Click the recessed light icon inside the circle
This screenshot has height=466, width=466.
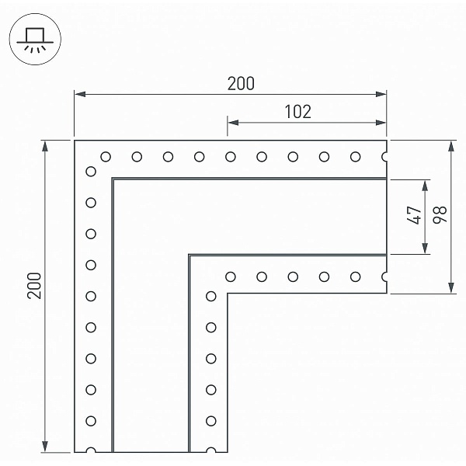(35, 40)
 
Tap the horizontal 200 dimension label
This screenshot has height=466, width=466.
(241, 84)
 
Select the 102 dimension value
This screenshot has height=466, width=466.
(298, 111)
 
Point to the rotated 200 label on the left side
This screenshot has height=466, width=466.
(34, 285)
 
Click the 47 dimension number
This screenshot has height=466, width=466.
(414, 215)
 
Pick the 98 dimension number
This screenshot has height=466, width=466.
(440, 214)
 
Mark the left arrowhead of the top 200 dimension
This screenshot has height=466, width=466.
(80, 94)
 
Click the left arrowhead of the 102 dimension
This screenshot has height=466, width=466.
(233, 123)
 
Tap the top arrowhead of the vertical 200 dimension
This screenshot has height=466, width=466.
(45, 146)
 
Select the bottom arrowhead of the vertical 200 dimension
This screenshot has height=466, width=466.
(45, 447)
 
